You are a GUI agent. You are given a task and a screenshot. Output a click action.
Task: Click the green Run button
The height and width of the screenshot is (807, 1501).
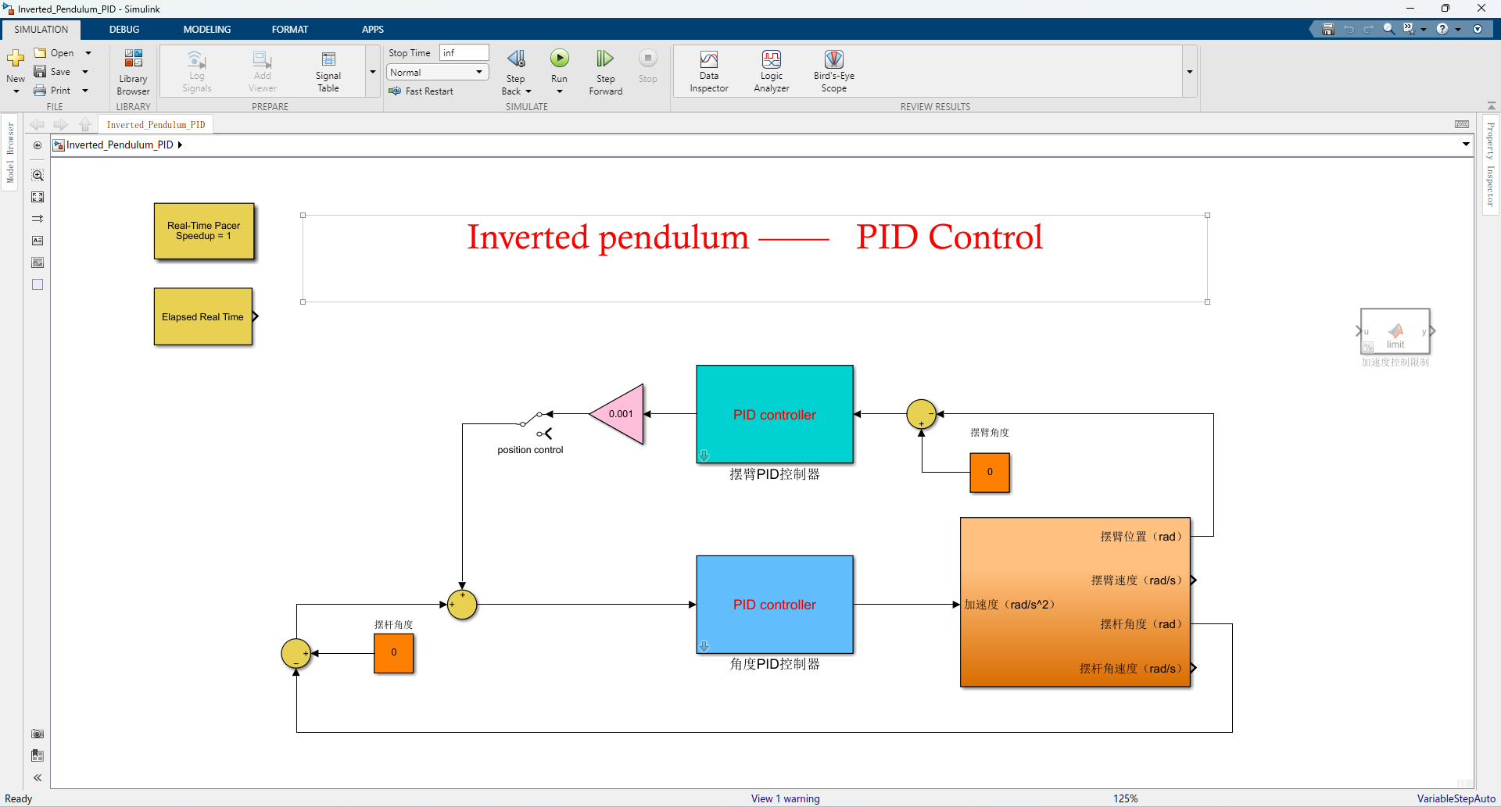tap(559, 59)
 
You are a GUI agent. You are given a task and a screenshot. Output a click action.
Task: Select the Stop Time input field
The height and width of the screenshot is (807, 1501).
tap(464, 52)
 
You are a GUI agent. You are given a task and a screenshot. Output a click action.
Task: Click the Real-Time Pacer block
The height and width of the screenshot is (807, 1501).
tap(204, 230)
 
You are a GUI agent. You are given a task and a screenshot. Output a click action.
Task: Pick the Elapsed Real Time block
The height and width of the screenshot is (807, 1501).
tap(203, 316)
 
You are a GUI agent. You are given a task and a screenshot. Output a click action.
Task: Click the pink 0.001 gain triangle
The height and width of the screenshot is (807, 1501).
tap(620, 414)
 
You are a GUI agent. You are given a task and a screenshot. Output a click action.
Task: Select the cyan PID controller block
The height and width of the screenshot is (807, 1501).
tap(774, 414)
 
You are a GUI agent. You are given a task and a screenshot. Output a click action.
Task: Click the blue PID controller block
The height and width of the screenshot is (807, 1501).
tap(774, 604)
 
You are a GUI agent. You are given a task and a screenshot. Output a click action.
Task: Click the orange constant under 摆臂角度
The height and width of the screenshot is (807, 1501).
tap(990, 472)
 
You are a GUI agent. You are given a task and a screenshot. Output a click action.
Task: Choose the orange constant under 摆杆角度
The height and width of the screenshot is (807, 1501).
tap(393, 652)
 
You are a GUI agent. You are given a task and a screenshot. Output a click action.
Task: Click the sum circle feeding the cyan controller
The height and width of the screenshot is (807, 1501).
tap(921, 414)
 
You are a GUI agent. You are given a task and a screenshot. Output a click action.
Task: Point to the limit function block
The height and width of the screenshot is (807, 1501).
tap(1395, 331)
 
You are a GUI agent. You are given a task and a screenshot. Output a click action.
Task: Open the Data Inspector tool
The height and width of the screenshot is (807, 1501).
tap(709, 71)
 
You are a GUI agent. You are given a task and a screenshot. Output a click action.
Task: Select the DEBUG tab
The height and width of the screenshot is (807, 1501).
tap(124, 29)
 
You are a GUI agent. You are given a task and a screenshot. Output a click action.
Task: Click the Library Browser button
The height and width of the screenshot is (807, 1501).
tap(133, 71)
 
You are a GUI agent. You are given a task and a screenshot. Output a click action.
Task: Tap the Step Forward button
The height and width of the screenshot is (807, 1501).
tap(605, 71)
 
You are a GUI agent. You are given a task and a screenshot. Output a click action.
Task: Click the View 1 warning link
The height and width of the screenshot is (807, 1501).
tap(785, 798)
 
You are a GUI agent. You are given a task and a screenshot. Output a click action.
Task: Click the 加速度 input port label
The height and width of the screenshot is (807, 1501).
tap(1008, 605)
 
